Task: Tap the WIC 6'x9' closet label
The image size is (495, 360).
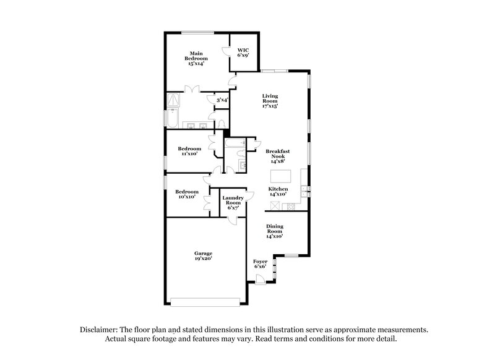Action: point(243,52)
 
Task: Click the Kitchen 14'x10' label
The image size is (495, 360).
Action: point(278,192)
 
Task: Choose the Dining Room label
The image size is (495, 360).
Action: point(275,231)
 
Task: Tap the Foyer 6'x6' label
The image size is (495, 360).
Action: point(260,265)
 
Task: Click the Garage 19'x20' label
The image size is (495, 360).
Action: point(204,256)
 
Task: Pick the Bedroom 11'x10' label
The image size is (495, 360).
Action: point(189,152)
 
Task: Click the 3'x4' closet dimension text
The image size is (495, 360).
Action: point(222,100)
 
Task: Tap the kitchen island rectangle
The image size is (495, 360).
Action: point(281,176)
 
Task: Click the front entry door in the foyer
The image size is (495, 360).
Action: point(261,280)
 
